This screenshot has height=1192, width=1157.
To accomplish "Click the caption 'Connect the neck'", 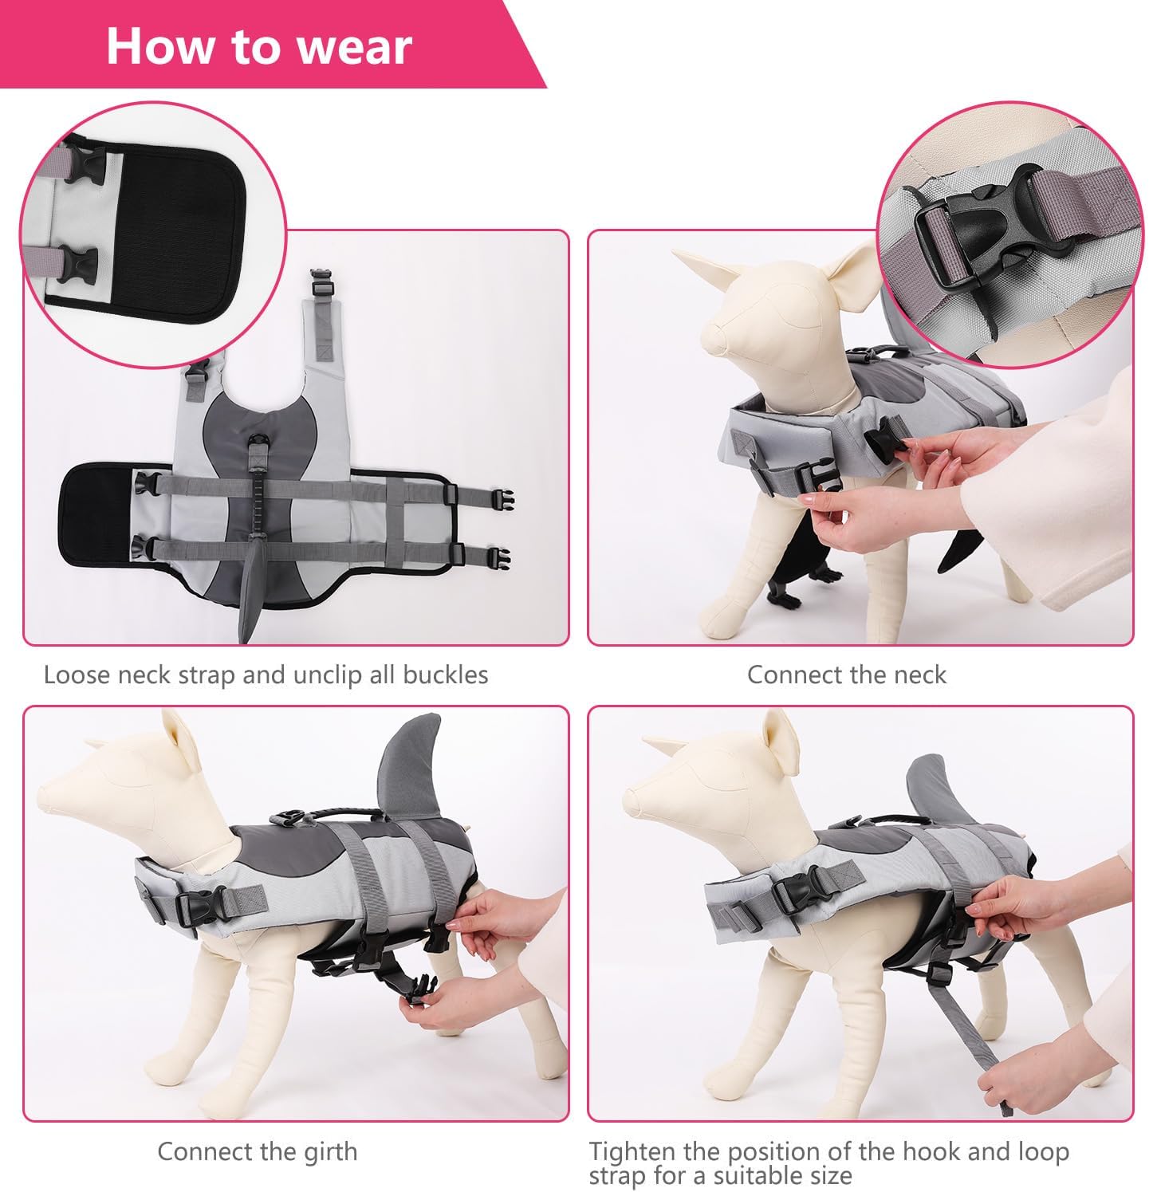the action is click(846, 675).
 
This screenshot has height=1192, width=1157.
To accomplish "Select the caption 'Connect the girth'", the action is click(258, 1151).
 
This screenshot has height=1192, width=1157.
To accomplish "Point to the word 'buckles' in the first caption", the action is click(445, 675).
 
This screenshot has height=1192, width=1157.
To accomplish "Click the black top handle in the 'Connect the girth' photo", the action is click(335, 814).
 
